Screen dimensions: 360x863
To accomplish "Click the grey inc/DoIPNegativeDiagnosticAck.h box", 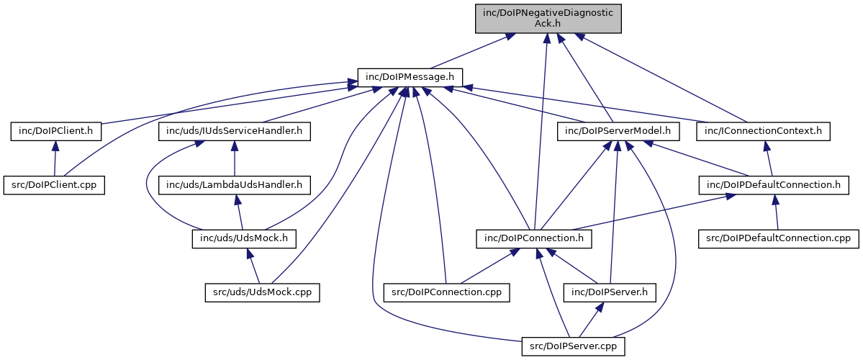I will point(548,18).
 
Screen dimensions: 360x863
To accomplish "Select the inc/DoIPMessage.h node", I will point(410,76).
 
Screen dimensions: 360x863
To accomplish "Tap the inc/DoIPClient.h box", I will point(55,131).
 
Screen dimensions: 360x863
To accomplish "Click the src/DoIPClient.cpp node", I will point(55,184).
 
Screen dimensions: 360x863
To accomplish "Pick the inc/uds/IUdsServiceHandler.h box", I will point(234,131).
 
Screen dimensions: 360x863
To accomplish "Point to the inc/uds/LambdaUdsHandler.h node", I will point(235,184).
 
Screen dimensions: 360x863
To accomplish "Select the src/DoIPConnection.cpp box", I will point(447,292).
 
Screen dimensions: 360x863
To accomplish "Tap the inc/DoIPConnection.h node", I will point(534,238).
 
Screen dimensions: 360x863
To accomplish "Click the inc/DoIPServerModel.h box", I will point(618,131).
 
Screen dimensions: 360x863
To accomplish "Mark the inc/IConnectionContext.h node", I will point(764,131).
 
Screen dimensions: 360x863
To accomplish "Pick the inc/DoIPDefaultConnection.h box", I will point(774,184).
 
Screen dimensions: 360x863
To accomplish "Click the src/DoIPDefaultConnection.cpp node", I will point(779,238).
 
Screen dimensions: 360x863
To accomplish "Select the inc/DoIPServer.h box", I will point(610,292).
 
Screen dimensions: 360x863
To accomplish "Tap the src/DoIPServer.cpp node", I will point(574,346).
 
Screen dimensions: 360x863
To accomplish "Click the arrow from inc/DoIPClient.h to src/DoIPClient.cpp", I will point(55,158).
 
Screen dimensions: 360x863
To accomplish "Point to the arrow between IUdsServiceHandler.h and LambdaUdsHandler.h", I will point(235,158).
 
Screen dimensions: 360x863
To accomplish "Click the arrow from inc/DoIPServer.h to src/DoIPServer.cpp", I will point(592,319).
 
